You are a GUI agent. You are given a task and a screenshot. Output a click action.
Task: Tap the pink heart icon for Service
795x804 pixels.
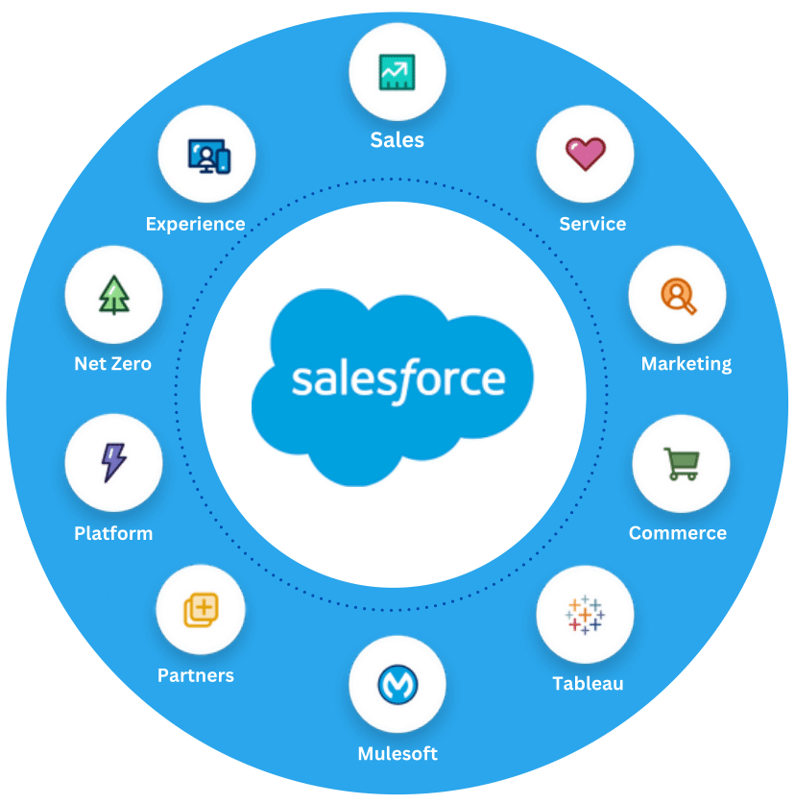[585, 154]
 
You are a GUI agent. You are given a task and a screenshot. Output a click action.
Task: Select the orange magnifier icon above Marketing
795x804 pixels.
[677, 296]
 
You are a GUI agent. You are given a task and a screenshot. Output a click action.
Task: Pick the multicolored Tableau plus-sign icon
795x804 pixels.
[585, 615]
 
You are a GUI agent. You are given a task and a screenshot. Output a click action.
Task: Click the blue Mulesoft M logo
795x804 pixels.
[397, 684]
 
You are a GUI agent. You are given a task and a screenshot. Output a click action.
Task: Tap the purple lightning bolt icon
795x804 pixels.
[113, 462]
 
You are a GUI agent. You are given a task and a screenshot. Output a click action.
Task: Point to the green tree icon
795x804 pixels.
[113, 295]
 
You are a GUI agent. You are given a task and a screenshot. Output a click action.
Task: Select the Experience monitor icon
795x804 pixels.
[207, 155]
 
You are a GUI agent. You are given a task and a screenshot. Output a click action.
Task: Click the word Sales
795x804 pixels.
[397, 140]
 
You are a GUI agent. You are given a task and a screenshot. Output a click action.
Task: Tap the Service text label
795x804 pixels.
[592, 224]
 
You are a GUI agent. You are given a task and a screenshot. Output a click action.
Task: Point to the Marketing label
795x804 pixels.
[687, 364]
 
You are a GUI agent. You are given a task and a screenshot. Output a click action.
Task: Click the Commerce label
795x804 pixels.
[678, 533]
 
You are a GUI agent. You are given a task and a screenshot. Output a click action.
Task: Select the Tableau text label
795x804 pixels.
[588, 684]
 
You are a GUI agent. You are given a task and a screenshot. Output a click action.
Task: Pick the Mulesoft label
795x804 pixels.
[397, 754]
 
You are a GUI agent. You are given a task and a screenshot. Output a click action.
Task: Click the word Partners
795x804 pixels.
[196, 675]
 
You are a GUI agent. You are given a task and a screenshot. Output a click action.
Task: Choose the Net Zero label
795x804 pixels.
[112, 364]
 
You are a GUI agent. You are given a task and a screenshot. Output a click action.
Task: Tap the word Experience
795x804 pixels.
[196, 224]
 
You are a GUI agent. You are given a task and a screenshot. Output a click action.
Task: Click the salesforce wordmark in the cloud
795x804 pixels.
[397, 378]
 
